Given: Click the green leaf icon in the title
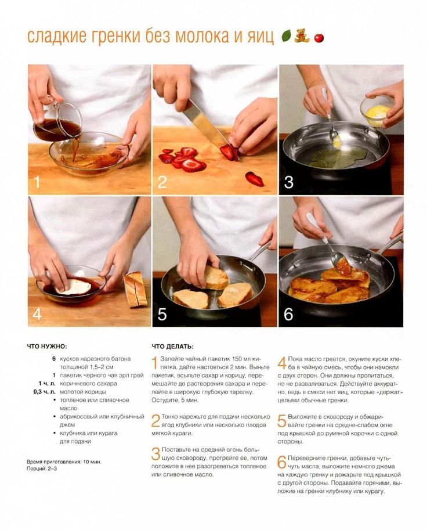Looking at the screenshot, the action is (287, 35).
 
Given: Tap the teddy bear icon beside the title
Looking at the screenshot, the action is (302, 35).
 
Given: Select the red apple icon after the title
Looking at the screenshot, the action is (319, 37).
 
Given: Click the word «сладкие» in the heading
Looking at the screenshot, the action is (52, 37).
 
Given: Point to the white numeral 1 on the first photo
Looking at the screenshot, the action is (37, 182).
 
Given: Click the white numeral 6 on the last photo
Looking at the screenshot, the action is (288, 315).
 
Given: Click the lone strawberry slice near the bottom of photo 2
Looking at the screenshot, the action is (254, 179).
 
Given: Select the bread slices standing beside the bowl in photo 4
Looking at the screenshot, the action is (135, 289).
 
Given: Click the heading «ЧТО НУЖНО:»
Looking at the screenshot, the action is (47, 347).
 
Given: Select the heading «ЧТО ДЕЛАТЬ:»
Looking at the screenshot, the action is (173, 347).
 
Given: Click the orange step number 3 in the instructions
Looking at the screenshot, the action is (155, 453).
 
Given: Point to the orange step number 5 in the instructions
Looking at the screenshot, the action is (282, 421).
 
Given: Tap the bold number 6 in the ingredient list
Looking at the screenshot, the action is (54, 359).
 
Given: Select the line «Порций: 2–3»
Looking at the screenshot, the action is (42, 469).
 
